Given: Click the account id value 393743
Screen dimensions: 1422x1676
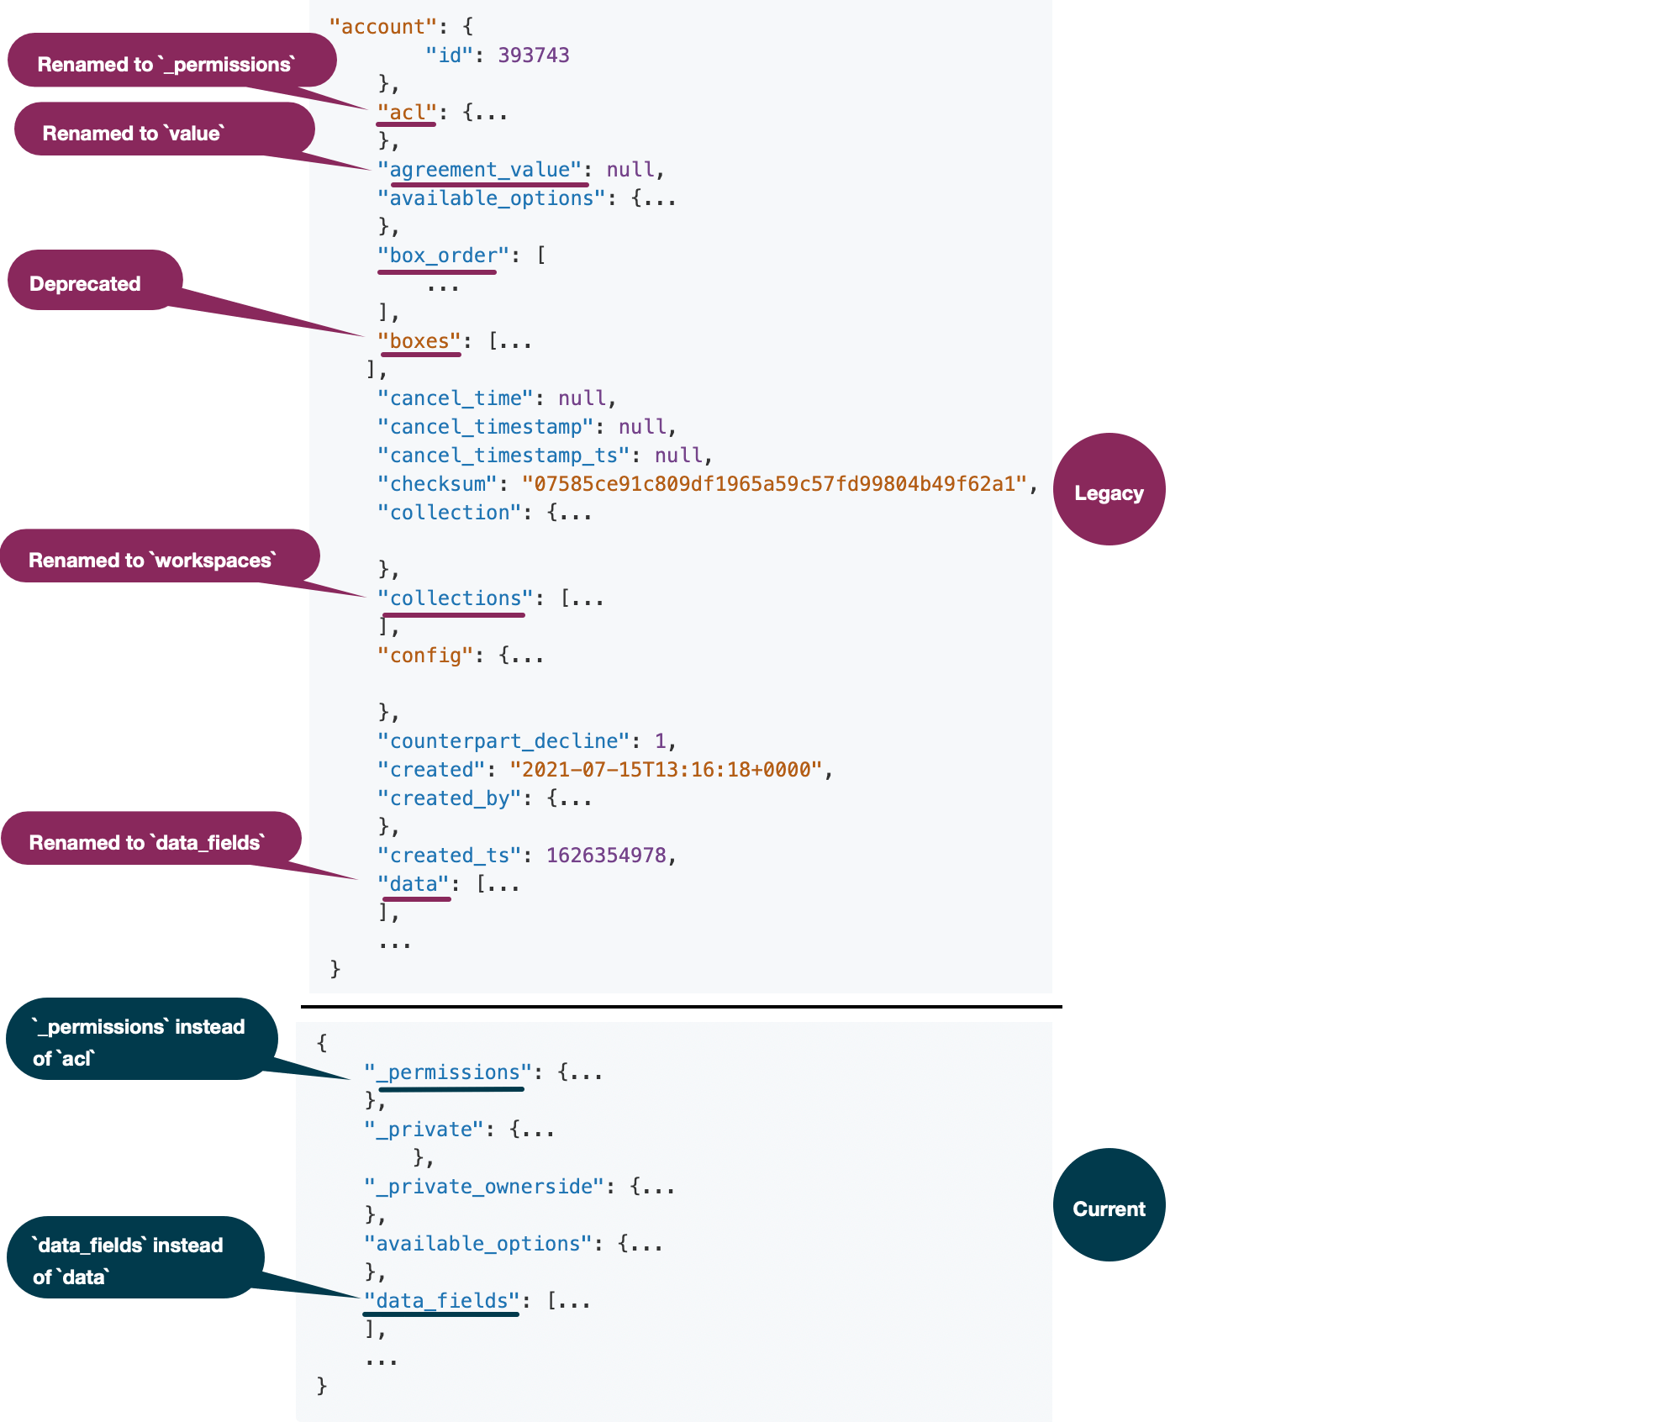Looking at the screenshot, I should click(x=533, y=55).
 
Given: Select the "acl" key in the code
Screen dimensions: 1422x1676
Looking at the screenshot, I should click(x=407, y=113).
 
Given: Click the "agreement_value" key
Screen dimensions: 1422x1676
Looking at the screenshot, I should click(x=480, y=170).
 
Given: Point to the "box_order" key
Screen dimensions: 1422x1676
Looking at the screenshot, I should click(x=443, y=255).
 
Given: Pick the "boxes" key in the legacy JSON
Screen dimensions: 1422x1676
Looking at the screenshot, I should click(x=419, y=341).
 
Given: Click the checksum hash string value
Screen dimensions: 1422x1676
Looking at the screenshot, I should click(x=774, y=484).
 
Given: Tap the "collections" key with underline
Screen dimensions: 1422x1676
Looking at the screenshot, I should click(x=455, y=598).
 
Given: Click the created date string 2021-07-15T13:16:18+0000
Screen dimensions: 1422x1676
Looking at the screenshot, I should click(x=666, y=770).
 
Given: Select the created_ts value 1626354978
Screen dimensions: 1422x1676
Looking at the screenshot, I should click(x=606, y=856).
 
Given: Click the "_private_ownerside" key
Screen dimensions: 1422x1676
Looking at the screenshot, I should click(x=484, y=1187).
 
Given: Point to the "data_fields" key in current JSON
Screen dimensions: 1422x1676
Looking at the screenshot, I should click(x=442, y=1301).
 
